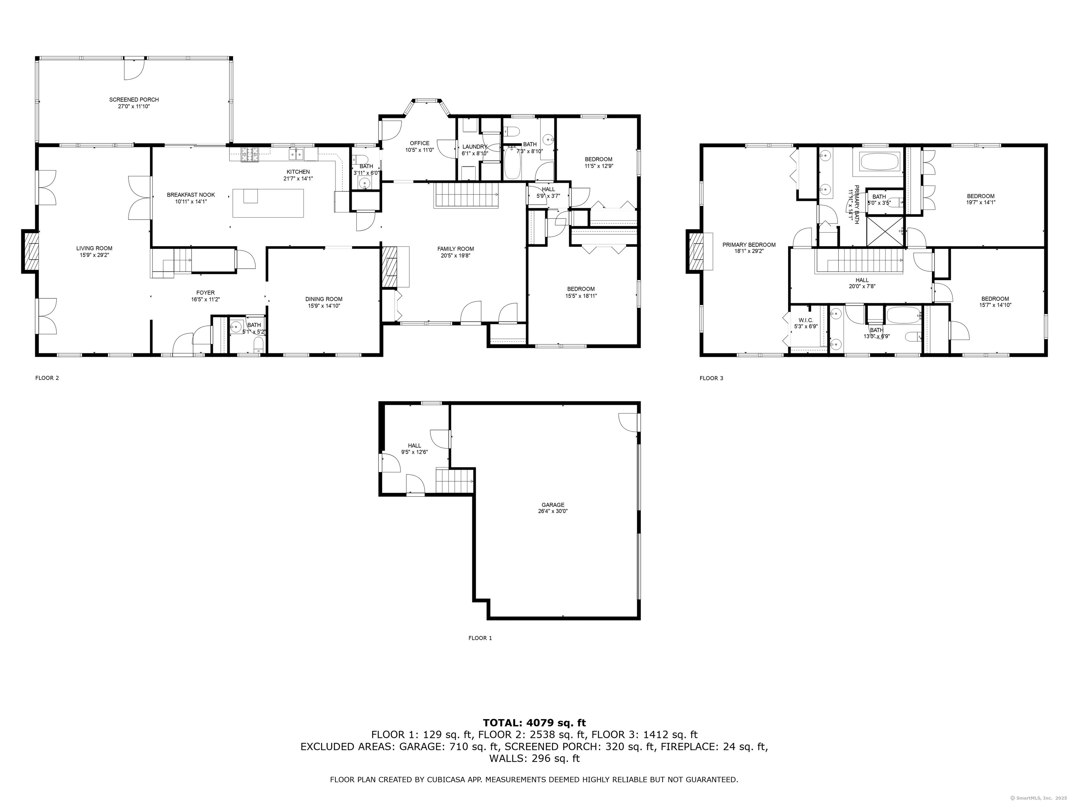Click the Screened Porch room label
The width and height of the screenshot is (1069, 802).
pyautogui.click(x=134, y=100)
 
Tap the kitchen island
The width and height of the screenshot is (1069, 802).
pyautogui.click(x=268, y=203)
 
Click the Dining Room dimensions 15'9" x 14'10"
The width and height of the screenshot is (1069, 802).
pyautogui.click(x=324, y=306)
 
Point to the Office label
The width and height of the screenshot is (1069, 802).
pyautogui.click(x=419, y=143)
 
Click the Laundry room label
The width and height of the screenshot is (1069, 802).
pyautogui.click(x=475, y=147)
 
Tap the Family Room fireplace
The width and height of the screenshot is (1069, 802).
pyautogui.click(x=389, y=267)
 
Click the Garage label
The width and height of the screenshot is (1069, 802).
pyautogui.click(x=553, y=505)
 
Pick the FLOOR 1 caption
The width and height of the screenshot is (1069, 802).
pyautogui.click(x=480, y=638)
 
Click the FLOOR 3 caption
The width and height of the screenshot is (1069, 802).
pyautogui.click(x=711, y=378)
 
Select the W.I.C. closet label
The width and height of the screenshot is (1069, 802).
pyautogui.click(x=806, y=320)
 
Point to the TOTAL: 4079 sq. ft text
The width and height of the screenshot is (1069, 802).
pyautogui.click(x=534, y=723)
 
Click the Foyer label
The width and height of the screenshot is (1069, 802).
pyautogui.click(x=205, y=292)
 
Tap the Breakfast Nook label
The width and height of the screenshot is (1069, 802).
pyautogui.click(x=191, y=195)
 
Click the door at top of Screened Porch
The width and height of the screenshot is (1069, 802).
pyautogui.click(x=134, y=68)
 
